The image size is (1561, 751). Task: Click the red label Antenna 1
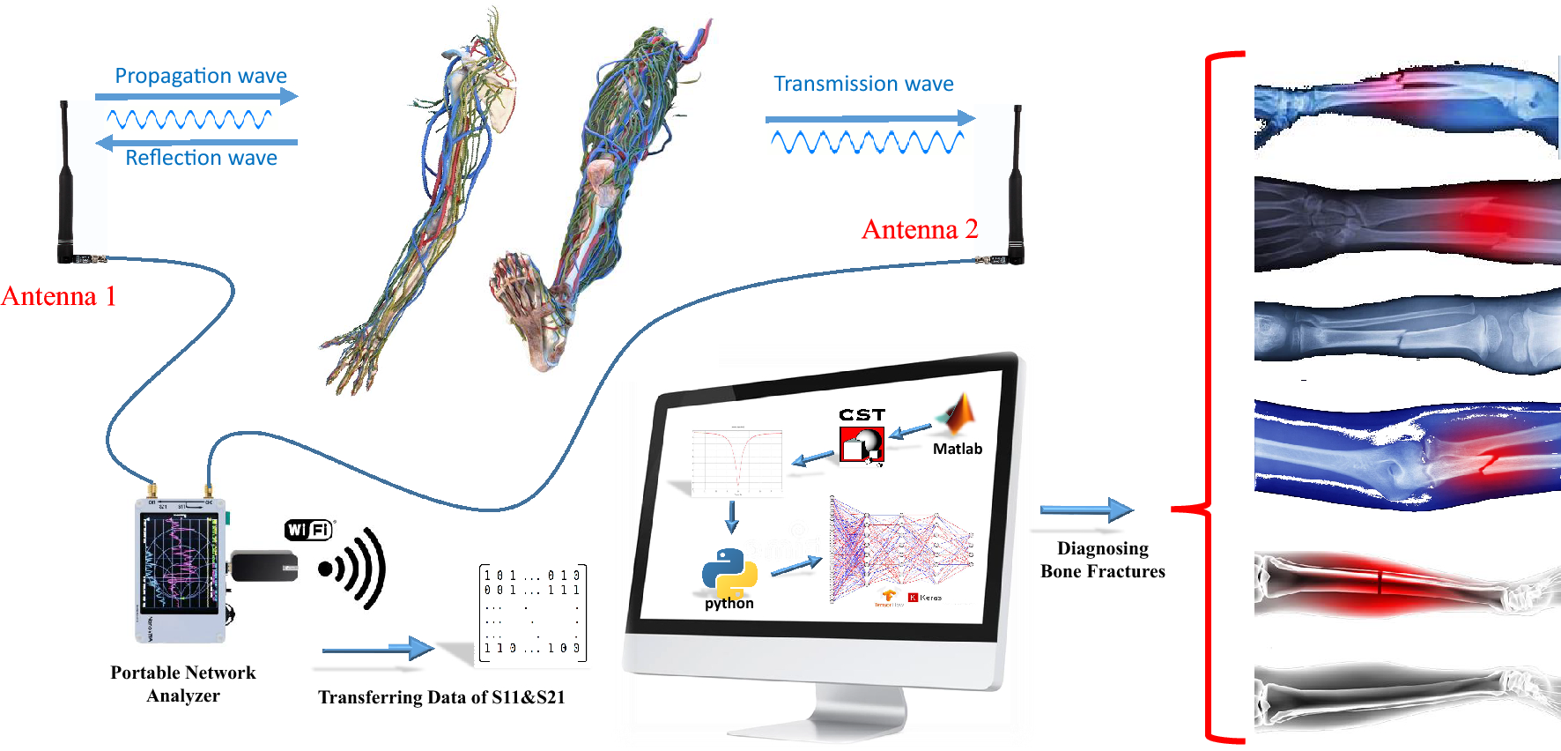click(x=59, y=296)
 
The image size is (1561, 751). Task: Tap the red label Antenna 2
click(x=920, y=229)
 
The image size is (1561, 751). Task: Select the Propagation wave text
click(x=201, y=76)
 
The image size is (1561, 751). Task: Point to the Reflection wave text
click(x=201, y=158)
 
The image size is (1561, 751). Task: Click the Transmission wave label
click(x=863, y=84)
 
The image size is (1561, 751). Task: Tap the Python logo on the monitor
click(x=729, y=574)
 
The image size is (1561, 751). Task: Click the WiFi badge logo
click(x=308, y=530)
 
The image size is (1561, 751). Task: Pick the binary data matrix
click(x=532, y=613)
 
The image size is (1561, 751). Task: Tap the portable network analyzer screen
click(x=180, y=562)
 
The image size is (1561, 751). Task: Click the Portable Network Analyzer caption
click(x=183, y=684)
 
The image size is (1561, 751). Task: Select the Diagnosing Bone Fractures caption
click(x=1103, y=560)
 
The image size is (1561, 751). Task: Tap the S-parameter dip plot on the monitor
click(x=736, y=462)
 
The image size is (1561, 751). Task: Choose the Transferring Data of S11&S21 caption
click(x=441, y=697)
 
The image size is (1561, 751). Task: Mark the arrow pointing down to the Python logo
click(x=731, y=517)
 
